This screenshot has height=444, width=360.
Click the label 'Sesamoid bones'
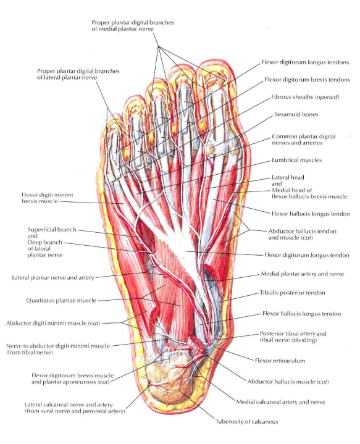pyautogui.click(x=296, y=114)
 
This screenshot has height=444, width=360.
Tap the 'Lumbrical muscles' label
pyautogui.click(x=296, y=160)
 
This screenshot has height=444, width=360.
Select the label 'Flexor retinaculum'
pyautogui.click(x=280, y=361)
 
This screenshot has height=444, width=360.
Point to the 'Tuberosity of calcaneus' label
pyautogui.click(x=247, y=422)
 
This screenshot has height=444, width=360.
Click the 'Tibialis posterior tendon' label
pyautogui.click(x=292, y=293)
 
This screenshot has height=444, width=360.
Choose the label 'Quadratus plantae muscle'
pyautogui.click(x=61, y=301)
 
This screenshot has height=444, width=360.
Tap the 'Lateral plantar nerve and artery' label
pyautogui.click(x=53, y=277)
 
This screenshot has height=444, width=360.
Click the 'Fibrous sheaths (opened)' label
pyautogui.click(x=305, y=97)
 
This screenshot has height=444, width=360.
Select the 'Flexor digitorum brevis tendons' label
pyautogui.click(x=308, y=80)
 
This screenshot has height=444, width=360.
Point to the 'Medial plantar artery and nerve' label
pyautogui.click(x=303, y=274)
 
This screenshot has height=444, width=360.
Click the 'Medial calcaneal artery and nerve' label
pyautogui.click(x=281, y=402)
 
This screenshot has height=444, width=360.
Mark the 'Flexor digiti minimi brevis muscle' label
pyautogui.click(x=48, y=198)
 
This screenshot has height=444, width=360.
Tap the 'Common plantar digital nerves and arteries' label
pyautogui.click(x=304, y=140)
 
